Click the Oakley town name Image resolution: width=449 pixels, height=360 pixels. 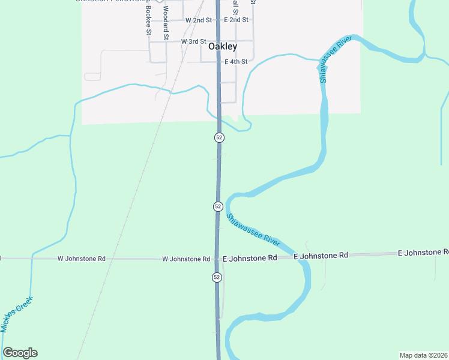pos(222,46)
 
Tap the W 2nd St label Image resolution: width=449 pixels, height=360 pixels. pos(199,20)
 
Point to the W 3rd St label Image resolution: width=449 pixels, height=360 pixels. pos(193,41)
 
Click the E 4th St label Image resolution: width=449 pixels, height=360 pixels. pos(236,62)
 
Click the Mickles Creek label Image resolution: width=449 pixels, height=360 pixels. pos(16,314)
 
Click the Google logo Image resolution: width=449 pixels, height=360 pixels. pos(20,353)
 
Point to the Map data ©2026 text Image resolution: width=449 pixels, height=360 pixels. pos(423,355)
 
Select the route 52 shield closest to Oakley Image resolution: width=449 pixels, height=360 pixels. pos(219,137)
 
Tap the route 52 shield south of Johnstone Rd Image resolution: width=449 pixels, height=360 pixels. pos(217,277)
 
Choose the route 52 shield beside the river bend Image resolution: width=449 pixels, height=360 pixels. pos(218,206)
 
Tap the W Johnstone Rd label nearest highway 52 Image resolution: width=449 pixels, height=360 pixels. pos(186,259)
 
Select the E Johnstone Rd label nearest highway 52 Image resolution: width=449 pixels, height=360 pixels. pos(250,257)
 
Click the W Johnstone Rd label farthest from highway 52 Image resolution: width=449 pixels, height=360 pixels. pos(82,259)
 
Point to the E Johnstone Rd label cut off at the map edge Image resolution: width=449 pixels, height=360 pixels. pos(423,253)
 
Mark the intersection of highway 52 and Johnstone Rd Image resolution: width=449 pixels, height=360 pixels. pos(217,258)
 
